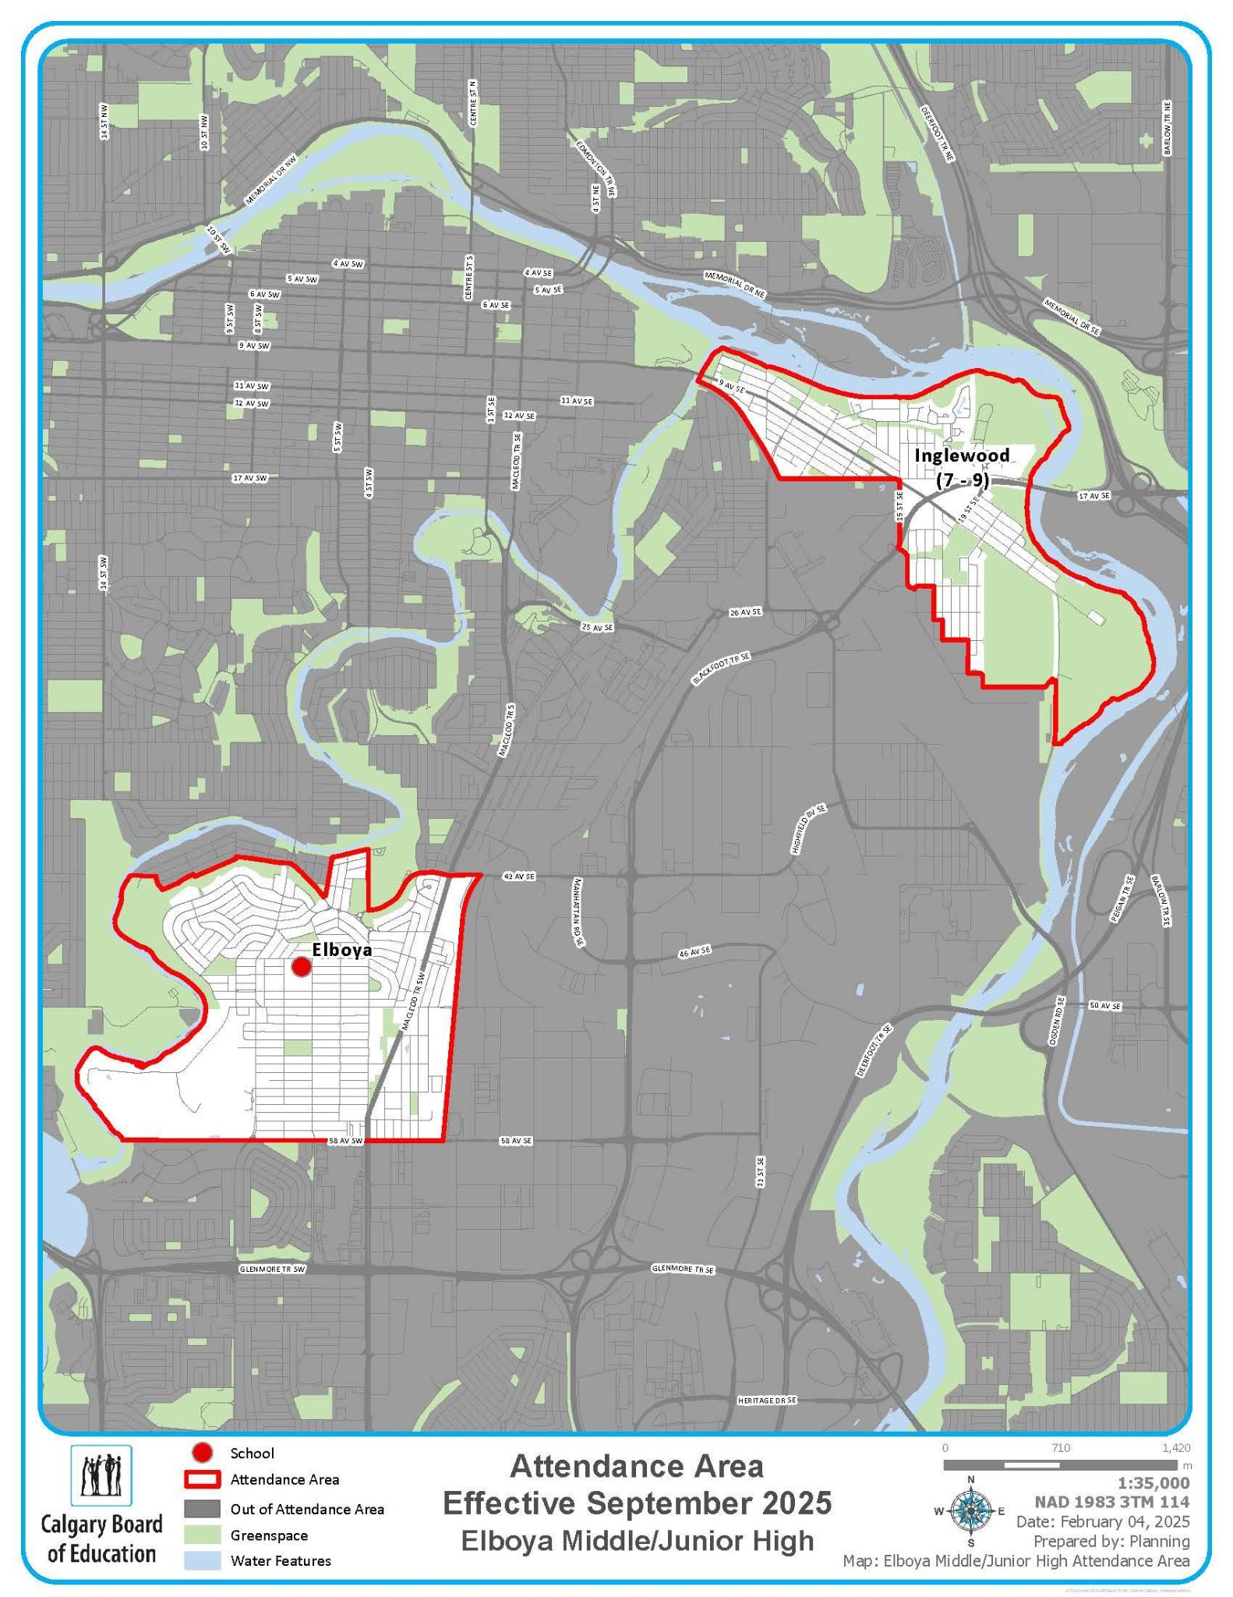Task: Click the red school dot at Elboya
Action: (301, 967)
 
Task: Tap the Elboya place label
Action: (341, 951)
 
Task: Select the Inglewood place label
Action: (962, 455)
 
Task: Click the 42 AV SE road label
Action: (519, 877)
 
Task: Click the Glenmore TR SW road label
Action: (272, 1269)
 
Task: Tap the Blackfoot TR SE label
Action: (721, 669)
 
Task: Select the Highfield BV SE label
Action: (808, 831)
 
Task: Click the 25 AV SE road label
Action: (598, 627)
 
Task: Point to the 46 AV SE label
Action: (695, 951)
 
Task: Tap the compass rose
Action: (970, 1511)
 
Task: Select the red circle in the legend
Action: (203, 1453)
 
